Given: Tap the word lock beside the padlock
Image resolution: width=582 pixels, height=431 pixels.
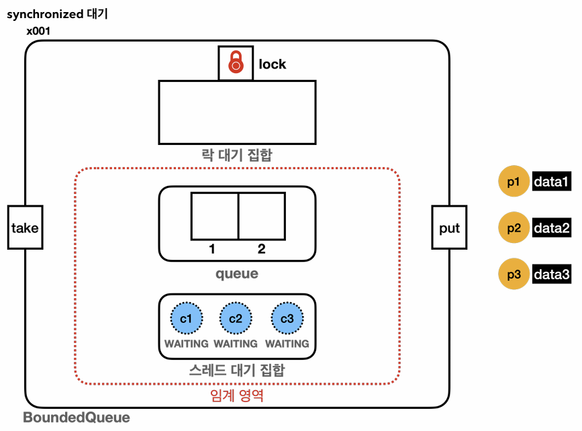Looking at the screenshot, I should [x=273, y=64].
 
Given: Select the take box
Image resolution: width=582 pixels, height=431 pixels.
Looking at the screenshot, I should [x=25, y=228].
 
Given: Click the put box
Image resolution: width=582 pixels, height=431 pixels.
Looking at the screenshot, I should [x=449, y=228].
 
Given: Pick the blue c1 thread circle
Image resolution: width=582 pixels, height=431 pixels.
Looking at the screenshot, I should [x=187, y=318].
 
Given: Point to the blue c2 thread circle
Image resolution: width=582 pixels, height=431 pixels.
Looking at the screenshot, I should [x=236, y=318].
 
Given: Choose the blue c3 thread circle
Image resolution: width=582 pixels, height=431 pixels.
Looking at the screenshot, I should [x=287, y=318].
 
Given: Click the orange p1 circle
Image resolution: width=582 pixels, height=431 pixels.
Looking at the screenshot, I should [x=514, y=181].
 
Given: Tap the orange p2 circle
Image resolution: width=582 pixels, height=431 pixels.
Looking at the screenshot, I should [x=514, y=228].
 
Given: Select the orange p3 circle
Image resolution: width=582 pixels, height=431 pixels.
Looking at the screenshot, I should [x=514, y=275].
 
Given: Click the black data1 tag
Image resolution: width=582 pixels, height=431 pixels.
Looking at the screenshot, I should [x=552, y=181].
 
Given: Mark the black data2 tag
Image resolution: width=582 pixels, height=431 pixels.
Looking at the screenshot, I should [x=552, y=228].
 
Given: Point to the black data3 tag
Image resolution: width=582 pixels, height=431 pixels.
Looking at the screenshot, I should [x=552, y=275].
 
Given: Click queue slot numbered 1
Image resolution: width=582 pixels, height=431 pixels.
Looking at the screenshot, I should [x=215, y=215].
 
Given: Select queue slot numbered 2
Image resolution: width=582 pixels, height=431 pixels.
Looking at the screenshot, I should [x=262, y=215].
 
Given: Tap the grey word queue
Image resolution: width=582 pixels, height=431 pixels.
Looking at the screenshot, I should [x=236, y=274].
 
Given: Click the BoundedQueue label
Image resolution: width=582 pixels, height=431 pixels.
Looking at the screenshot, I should [x=77, y=418].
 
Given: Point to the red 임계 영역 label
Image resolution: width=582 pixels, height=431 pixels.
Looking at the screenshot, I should [x=236, y=396].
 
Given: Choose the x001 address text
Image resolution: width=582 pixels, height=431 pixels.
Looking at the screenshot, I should [x=38, y=31].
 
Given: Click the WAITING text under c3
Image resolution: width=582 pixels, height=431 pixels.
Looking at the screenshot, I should [x=287, y=344].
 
